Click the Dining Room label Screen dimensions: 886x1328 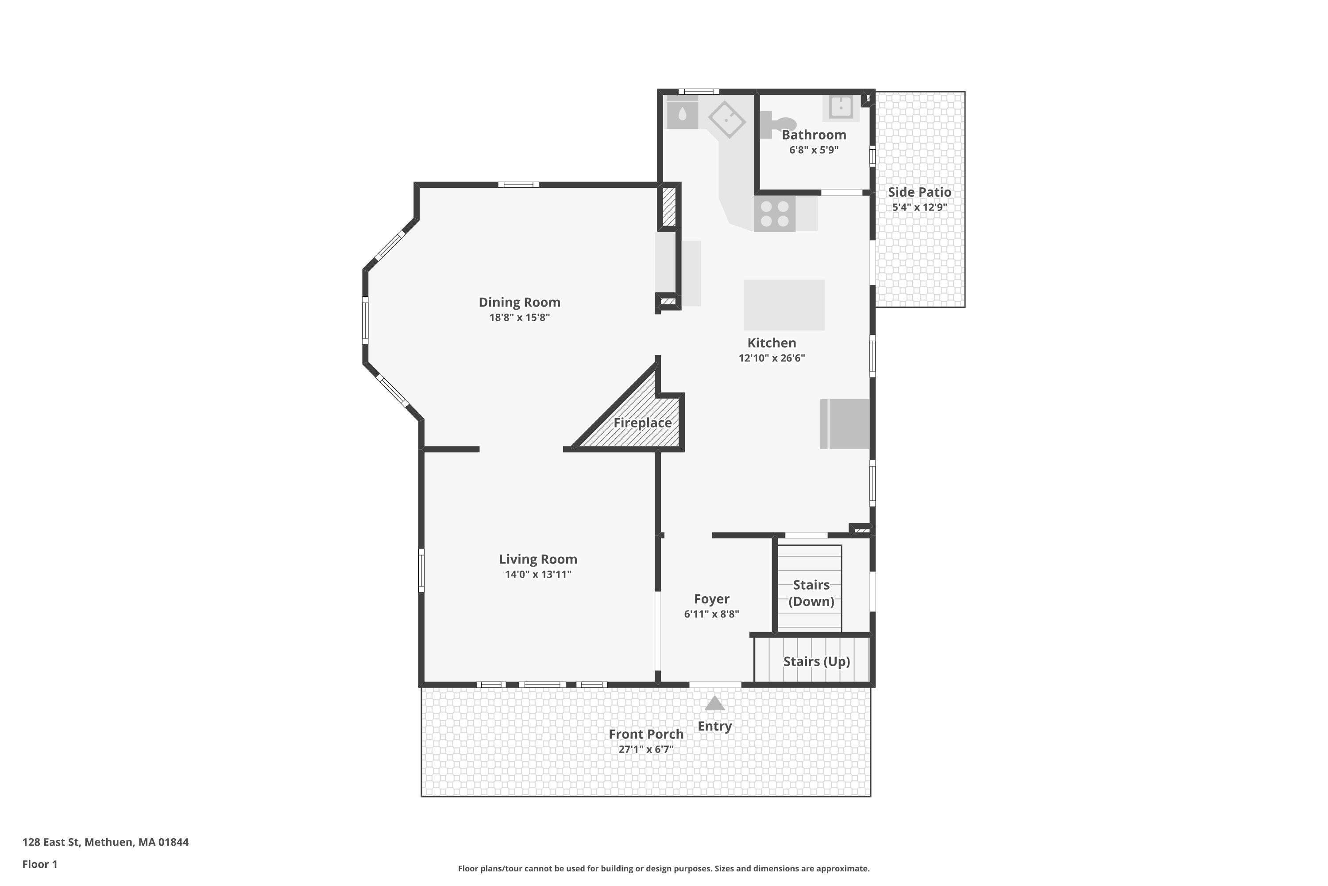tap(519, 302)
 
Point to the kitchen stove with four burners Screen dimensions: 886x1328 tap(774, 214)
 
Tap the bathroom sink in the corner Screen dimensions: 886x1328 tap(840, 107)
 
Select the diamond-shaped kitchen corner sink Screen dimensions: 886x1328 tap(727, 119)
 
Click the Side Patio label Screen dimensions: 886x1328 tap(919, 192)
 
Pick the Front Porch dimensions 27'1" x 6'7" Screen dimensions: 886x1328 tap(645, 749)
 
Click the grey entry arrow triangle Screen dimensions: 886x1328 tap(714, 703)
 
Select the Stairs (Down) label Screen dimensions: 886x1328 tap(811, 593)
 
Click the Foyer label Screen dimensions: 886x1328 tap(711, 599)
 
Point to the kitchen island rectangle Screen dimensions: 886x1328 tap(783, 305)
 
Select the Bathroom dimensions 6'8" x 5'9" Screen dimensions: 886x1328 tap(813, 150)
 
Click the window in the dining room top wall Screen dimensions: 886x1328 tap(518, 185)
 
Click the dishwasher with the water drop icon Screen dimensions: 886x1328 tap(682, 115)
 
